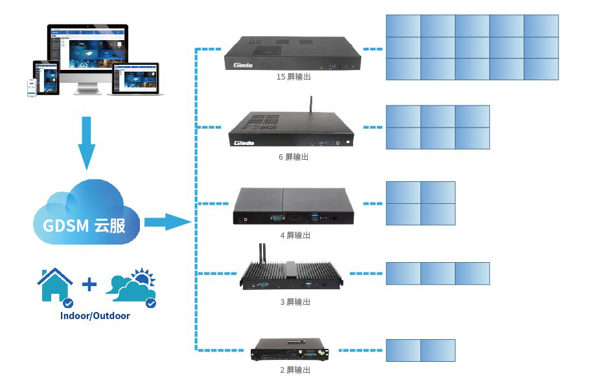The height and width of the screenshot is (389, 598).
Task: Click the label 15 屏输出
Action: coord(293,77)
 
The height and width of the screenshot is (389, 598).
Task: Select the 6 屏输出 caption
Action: coord(293,157)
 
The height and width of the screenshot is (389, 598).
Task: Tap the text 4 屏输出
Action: coord(295,236)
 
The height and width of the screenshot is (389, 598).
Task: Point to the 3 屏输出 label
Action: coord(295,302)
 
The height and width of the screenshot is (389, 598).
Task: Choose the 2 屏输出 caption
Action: coord(295,370)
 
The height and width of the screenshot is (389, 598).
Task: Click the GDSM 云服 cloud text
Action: coord(87,225)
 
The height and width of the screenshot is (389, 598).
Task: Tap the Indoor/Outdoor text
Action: coord(95,316)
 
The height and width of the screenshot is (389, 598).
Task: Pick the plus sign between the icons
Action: coord(89,283)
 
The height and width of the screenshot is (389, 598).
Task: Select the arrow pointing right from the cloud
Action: coord(166,222)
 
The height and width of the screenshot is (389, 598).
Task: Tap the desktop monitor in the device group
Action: coord(87,55)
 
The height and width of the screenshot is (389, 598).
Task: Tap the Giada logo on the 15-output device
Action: coord(243,63)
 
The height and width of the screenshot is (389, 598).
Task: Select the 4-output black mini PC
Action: coord(294,206)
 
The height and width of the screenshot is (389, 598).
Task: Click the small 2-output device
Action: coord(292,350)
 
